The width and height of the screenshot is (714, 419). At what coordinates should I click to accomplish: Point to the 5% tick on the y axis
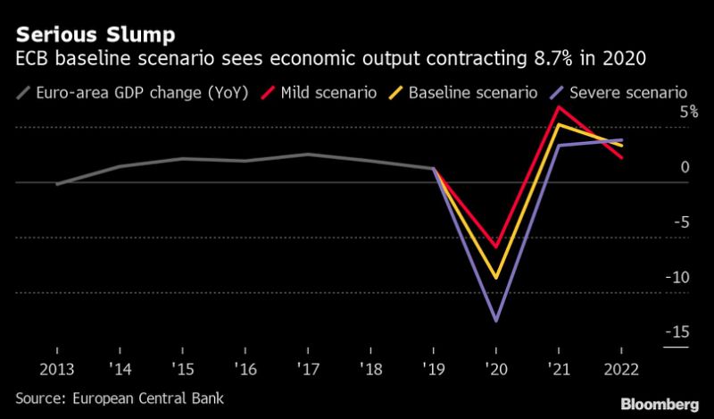[688, 113]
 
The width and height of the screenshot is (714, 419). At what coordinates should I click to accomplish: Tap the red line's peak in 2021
[558, 107]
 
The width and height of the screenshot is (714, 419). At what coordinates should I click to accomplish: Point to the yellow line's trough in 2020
[495, 278]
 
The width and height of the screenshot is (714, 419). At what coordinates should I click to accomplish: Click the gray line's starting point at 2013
[57, 185]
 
